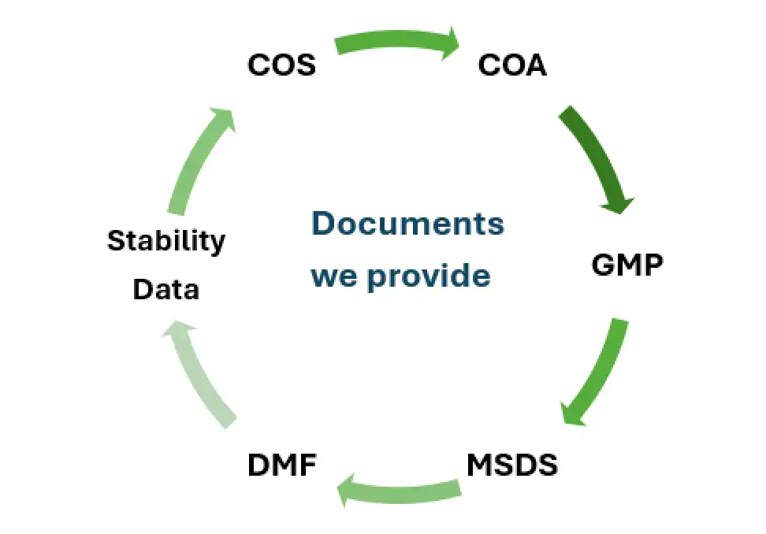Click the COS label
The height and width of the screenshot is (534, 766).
(x=281, y=65)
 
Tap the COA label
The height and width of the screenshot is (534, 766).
(x=512, y=65)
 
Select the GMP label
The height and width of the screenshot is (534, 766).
(x=627, y=265)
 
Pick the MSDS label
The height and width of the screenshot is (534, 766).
(x=511, y=465)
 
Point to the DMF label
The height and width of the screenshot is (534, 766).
(x=282, y=465)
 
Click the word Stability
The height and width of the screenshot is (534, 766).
(x=165, y=240)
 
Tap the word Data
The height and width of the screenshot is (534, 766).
(x=165, y=290)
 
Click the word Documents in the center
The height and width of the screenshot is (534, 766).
(x=407, y=224)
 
